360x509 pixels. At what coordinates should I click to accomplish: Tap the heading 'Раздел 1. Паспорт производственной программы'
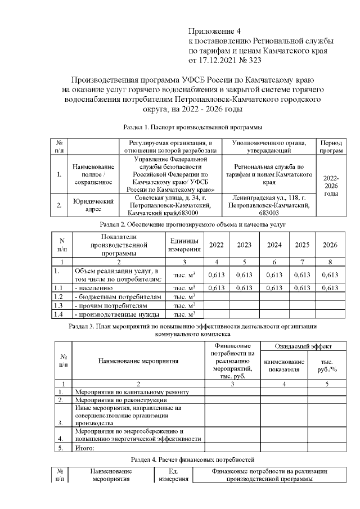pos(192,128)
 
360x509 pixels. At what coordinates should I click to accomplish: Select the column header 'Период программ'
pos(331,147)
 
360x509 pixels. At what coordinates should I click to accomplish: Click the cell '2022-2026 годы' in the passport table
pos(331,186)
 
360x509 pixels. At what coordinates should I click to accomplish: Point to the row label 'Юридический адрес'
pos(94,205)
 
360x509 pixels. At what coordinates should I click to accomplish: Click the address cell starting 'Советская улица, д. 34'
pos(170,205)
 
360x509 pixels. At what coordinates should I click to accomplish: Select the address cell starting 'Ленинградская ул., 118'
pos(268,205)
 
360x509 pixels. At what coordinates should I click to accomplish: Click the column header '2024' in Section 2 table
pos(274,245)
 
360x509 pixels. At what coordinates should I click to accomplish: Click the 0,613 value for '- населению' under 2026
pos(330,287)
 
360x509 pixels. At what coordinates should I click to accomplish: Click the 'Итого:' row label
pos(84,448)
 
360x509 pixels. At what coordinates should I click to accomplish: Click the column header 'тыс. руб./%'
pos(328,366)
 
